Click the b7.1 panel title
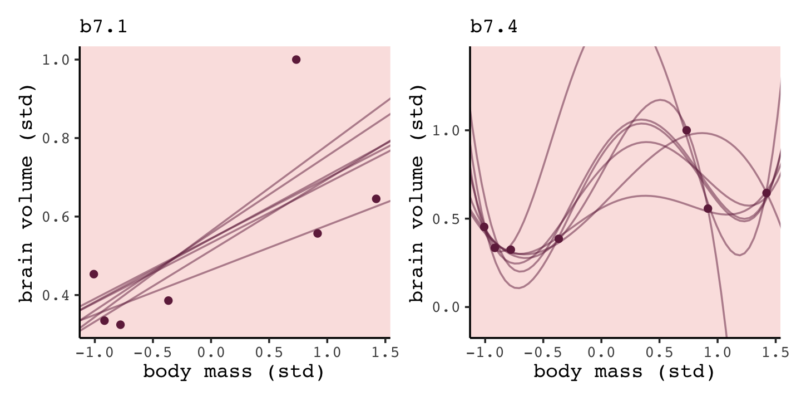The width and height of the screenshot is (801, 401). click(103, 26)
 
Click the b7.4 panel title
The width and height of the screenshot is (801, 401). click(494, 26)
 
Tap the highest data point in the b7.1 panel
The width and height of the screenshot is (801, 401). click(296, 60)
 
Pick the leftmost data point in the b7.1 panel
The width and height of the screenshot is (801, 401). click(93, 274)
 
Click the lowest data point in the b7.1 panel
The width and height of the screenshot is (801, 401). click(120, 325)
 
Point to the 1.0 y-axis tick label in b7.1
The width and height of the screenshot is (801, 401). click(59, 60)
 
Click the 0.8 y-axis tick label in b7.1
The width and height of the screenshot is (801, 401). click(59, 138)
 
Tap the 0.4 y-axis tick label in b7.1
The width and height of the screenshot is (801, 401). click(59, 295)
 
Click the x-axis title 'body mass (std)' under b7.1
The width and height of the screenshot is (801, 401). click(234, 372)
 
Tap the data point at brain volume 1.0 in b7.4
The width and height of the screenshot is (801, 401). click(686, 130)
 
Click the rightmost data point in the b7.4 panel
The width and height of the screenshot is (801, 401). click(767, 193)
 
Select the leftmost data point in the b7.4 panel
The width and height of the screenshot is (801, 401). click(484, 227)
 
